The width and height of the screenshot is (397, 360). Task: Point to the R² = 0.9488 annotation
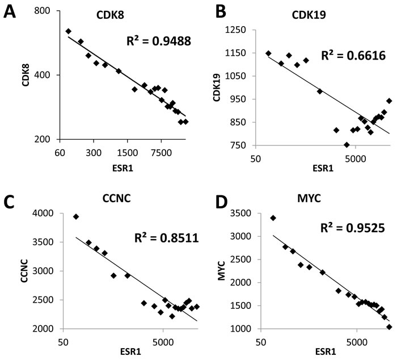[x=158, y=41]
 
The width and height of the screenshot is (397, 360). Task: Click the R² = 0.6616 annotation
[x=353, y=56]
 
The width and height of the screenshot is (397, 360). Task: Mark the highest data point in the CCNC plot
[x=76, y=216]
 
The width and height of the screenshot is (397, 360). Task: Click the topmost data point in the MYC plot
[x=273, y=217]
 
